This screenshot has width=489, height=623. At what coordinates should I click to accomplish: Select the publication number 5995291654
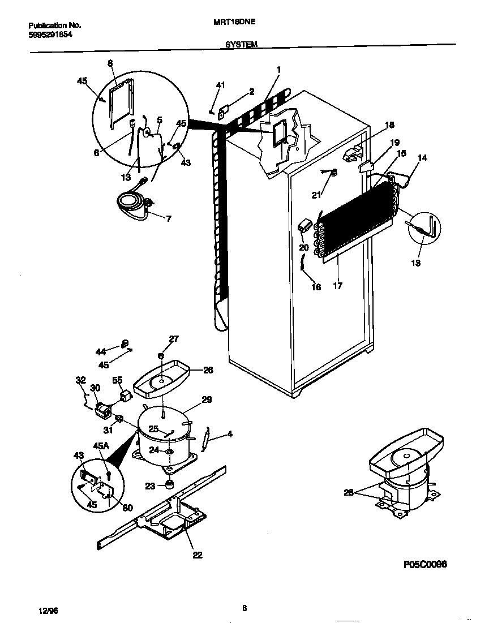[50, 35]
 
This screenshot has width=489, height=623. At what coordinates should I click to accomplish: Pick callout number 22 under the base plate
[197, 555]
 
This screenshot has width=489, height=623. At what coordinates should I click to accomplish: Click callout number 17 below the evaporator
[338, 286]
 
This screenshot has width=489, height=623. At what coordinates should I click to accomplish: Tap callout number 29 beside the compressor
[207, 399]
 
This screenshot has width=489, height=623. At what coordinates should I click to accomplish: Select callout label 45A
[100, 446]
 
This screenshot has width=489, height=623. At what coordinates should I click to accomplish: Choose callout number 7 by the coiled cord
[168, 218]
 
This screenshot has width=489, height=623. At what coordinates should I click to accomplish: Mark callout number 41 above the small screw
[220, 85]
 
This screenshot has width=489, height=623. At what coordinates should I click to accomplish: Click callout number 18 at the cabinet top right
[389, 125]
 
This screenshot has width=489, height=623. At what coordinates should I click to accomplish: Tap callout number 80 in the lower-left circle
[128, 507]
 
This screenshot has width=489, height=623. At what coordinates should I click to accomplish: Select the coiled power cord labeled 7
[133, 202]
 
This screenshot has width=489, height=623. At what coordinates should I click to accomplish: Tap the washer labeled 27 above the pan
[161, 356]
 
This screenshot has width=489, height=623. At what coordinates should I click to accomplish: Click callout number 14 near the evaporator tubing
[423, 159]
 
